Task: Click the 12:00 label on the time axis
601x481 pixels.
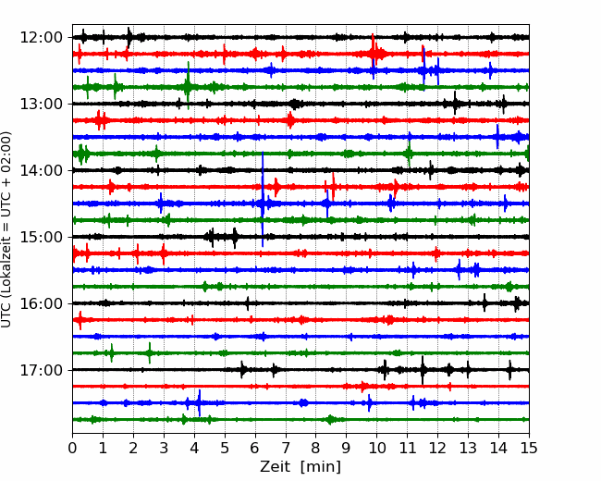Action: point(41,38)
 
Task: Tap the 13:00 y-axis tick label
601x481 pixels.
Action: point(41,104)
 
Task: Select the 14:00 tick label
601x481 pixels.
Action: point(41,170)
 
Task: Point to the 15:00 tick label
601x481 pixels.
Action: point(41,237)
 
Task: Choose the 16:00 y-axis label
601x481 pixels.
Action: point(41,303)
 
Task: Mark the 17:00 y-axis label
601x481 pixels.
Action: point(41,370)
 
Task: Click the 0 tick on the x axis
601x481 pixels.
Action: point(72,448)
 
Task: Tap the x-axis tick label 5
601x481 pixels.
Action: point(225,448)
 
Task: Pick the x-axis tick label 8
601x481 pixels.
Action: point(316,448)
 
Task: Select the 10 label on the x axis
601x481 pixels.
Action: point(376,448)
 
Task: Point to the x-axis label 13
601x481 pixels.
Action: point(468,448)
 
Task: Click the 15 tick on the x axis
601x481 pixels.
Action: point(529,448)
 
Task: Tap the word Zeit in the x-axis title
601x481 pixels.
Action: point(274,467)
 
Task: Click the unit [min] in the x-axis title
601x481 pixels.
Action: point(321,467)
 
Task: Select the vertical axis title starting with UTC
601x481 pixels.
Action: point(6,229)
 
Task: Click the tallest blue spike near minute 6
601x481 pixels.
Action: point(263,200)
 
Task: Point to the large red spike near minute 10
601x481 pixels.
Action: point(373,51)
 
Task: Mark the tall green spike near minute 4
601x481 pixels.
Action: point(189,85)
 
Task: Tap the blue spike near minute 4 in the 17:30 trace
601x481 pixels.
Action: point(200,402)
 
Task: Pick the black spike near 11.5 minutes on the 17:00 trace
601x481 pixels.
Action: point(423,370)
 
